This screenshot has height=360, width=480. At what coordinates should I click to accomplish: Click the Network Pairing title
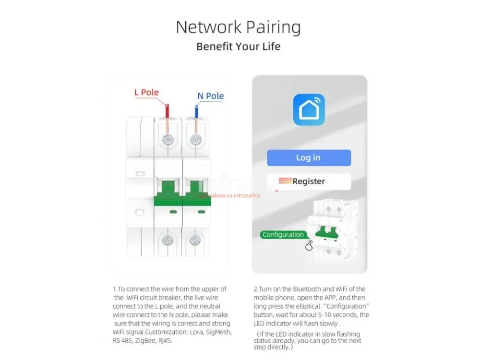pos(238,27)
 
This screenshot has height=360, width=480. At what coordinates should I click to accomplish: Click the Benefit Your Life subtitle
pos(238,47)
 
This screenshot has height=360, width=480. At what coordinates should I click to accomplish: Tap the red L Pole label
pos(146,92)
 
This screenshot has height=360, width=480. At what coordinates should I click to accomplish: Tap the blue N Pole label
pos(210,96)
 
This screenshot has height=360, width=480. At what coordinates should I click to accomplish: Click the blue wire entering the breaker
pos(196,111)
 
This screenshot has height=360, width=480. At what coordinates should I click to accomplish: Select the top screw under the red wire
pos(168,140)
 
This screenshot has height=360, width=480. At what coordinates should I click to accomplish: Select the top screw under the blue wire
pos(195,140)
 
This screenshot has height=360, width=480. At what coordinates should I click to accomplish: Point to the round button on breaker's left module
pos(140,212)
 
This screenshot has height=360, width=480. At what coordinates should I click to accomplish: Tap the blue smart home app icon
pos(309,110)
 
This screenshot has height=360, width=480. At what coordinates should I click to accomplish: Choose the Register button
pos(309,181)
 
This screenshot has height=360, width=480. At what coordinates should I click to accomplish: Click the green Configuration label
pos(283,235)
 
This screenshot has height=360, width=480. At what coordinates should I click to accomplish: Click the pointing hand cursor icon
pos(309,245)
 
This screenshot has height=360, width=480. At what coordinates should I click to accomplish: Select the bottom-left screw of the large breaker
pos(168,240)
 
